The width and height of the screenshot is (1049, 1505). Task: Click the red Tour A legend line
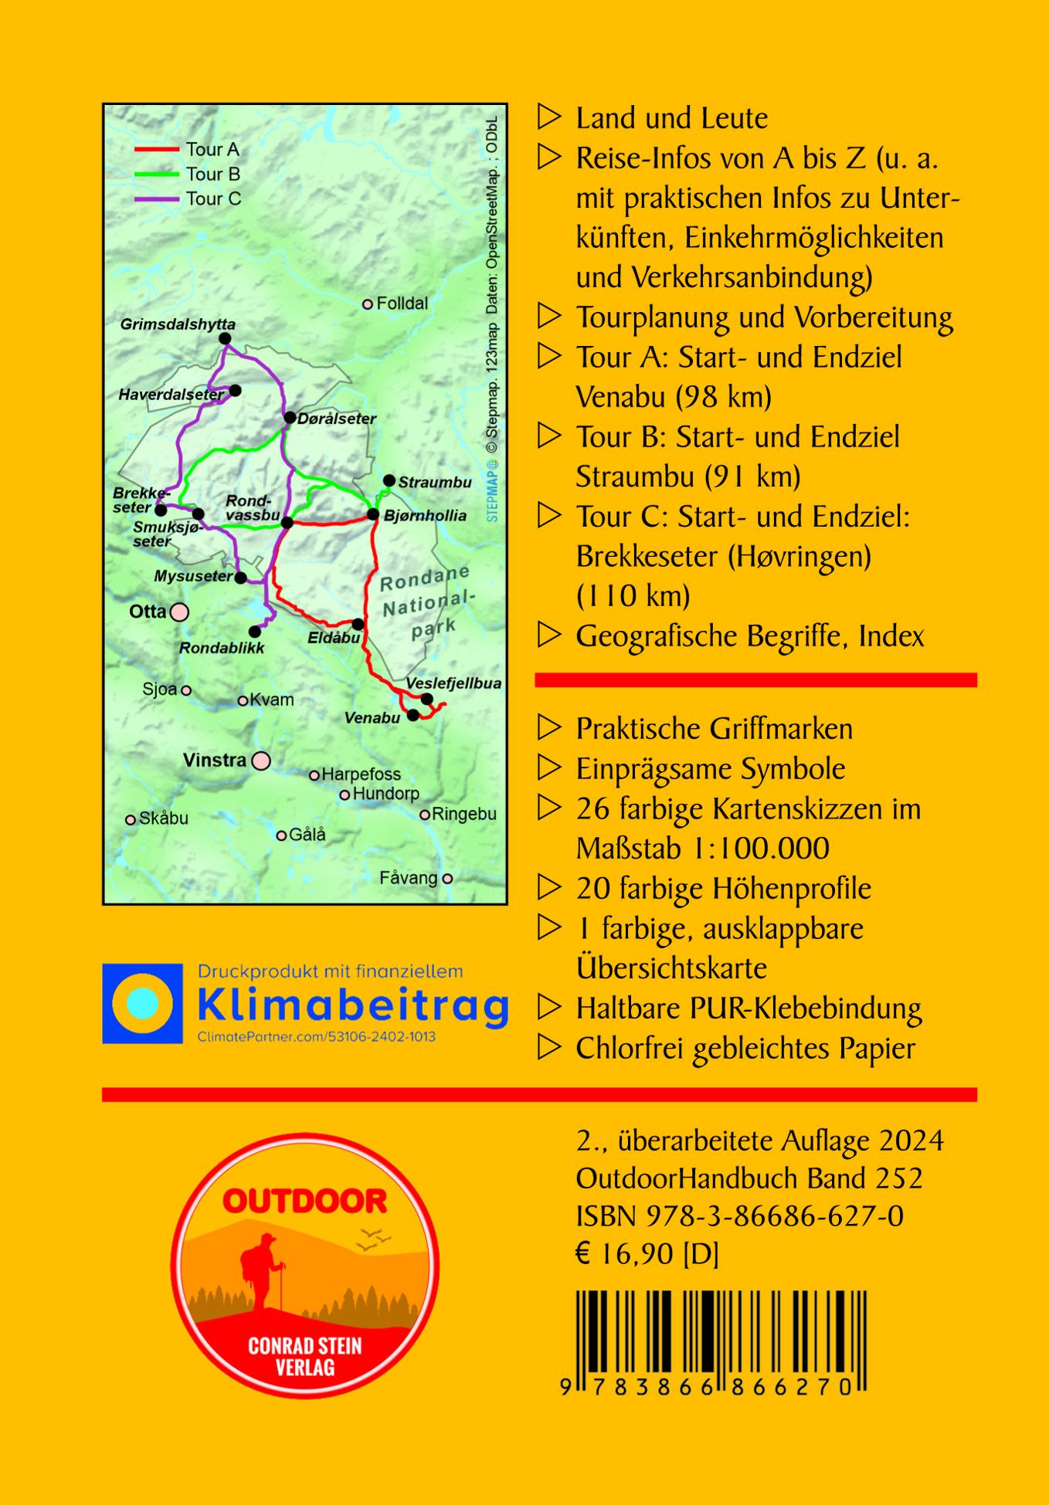point(157,149)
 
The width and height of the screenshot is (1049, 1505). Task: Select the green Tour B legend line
point(157,174)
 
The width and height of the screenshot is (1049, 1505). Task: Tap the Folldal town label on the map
point(401,303)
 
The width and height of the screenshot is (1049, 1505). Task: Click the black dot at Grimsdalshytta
point(225,338)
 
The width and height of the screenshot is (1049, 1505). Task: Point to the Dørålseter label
point(337,419)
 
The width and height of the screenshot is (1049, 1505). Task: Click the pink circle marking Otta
point(179,612)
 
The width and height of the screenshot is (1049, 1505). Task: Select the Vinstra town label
point(215,760)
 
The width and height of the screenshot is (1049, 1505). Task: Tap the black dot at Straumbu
point(389,480)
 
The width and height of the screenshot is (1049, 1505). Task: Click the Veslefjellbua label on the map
point(453,683)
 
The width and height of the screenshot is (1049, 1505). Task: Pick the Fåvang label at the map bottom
point(408,878)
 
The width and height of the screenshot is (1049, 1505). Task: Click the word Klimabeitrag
point(353,1005)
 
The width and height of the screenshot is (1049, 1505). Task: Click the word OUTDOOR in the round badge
point(305,1201)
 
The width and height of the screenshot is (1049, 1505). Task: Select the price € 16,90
point(626,1254)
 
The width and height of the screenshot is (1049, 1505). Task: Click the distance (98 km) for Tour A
point(723,397)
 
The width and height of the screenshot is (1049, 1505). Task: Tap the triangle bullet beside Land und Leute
point(548,118)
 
